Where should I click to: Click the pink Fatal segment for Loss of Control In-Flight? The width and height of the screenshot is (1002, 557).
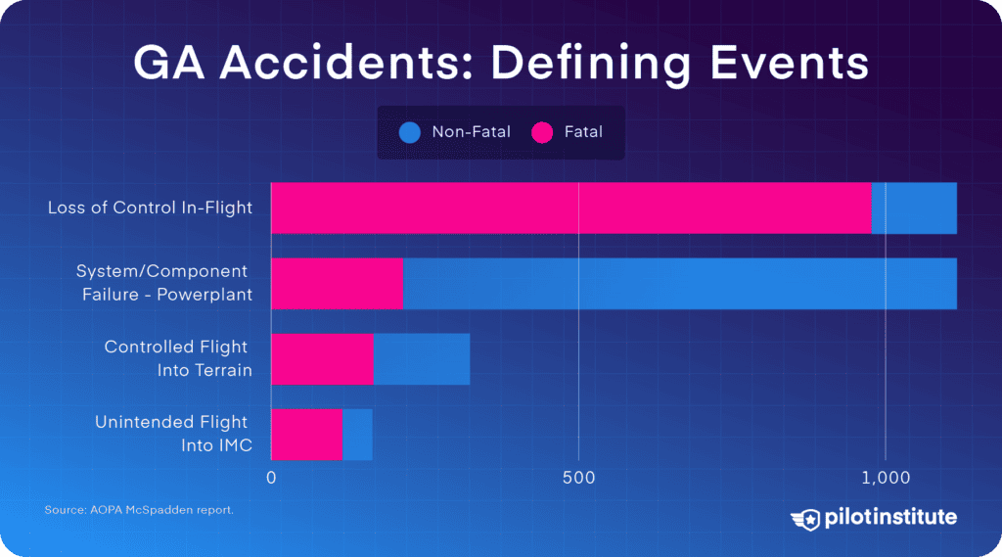point(570,208)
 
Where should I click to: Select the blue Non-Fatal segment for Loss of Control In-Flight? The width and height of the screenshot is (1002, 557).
point(914,208)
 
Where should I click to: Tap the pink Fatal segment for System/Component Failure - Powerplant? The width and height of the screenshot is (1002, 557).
point(337,283)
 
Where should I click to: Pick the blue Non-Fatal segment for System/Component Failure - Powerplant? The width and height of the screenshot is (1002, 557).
point(679,283)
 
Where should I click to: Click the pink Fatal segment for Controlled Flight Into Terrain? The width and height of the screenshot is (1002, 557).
point(322,358)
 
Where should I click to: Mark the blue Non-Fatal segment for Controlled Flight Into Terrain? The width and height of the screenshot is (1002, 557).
point(422,358)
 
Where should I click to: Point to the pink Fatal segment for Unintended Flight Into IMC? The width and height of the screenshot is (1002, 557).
point(306,434)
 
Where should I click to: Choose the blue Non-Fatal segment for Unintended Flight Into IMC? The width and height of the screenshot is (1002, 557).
point(357,434)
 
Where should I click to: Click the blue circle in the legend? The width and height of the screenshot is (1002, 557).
point(410,132)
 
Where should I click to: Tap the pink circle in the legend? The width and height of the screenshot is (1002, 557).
point(542,132)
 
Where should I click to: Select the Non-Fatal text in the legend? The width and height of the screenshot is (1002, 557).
point(471,132)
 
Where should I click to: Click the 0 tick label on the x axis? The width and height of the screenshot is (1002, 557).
point(271,478)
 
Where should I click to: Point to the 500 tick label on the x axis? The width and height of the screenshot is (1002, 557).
point(578,478)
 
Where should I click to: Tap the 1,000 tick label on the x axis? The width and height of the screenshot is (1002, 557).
point(886,478)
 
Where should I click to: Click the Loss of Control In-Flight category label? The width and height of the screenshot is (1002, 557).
point(150,208)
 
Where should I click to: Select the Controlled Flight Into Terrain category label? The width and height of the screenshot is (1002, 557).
point(178,358)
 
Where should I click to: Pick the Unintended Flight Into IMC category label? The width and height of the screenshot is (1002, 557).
point(172,434)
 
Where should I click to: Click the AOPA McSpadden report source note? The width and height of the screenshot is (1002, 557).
point(139,510)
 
